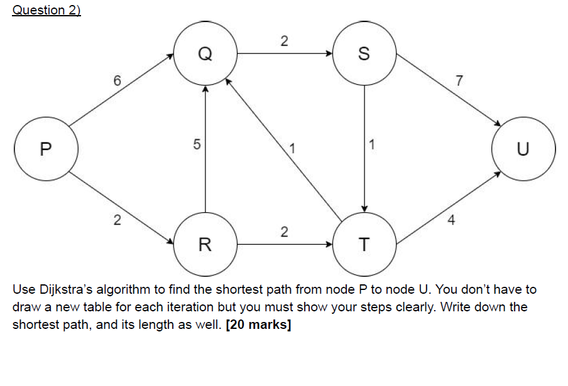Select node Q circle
(205, 54)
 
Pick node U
(523, 149)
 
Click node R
(205, 244)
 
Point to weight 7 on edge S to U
(459, 80)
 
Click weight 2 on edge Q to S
(283, 42)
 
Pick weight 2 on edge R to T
(283, 233)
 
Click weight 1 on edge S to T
(373, 145)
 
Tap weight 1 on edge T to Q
(292, 149)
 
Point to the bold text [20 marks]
(258, 326)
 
